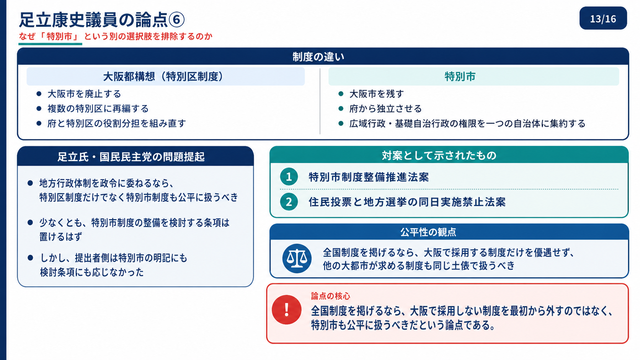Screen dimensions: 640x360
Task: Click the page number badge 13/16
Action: click(603, 18)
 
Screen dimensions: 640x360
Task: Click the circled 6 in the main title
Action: click(176, 20)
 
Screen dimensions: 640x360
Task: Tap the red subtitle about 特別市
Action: click(116, 36)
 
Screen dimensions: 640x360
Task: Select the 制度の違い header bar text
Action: click(318, 57)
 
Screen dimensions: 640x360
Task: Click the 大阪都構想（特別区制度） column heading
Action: click(163, 77)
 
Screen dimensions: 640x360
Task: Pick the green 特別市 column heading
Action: click(460, 77)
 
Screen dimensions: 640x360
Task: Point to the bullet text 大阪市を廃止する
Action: click(84, 94)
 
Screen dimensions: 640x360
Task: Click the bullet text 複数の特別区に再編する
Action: click(98, 109)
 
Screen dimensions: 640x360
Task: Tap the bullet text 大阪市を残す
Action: click(377, 94)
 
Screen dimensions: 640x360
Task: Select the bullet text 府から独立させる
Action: click(385, 109)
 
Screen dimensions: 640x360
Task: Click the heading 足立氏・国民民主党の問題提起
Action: click(131, 156)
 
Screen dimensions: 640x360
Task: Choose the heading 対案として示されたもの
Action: click(439, 155)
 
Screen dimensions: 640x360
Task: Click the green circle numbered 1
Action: click(289, 177)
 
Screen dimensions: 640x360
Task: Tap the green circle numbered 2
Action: click(289, 202)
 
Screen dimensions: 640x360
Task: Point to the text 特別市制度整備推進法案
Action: click(369, 177)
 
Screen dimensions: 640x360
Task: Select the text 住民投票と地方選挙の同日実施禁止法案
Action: click(407, 202)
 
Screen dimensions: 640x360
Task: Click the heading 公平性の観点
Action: click(428, 232)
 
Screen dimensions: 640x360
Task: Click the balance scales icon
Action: click(297, 258)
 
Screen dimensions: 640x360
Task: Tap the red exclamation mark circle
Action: click(287, 310)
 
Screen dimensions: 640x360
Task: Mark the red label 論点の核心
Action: click(331, 296)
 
